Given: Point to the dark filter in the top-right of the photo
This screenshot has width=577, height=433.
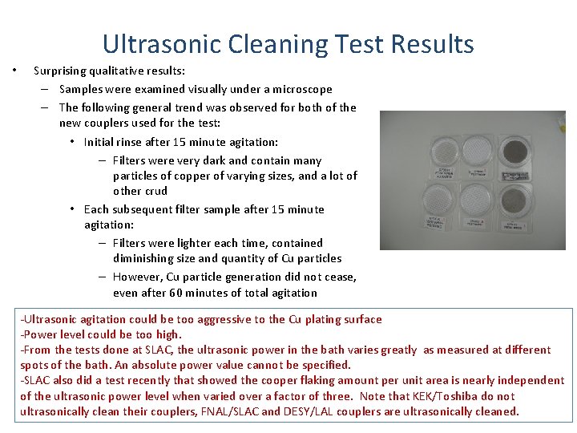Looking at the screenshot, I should tap(512, 144).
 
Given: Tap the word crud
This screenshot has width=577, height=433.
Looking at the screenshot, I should tap(155, 191).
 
